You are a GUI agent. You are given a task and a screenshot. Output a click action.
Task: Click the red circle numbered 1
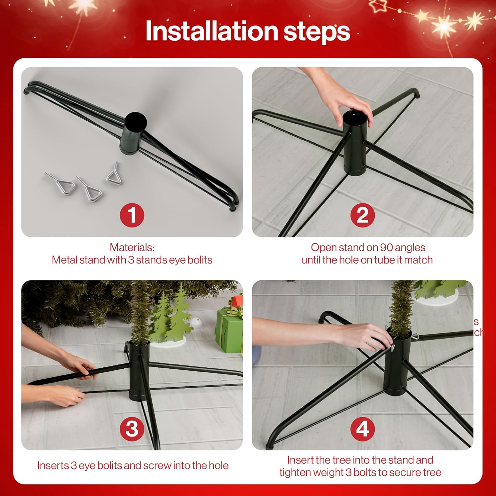pyautogui.click(x=132, y=215)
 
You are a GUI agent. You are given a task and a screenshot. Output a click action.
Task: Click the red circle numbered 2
pyautogui.click(x=362, y=215)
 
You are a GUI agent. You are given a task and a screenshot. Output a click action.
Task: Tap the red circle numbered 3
pyautogui.click(x=132, y=429)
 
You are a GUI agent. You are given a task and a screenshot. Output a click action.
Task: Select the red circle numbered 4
pyautogui.click(x=362, y=429)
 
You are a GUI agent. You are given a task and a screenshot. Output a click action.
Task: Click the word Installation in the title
pyautogui.click(x=212, y=31)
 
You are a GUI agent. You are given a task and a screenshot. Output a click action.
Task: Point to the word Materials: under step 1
pyautogui.click(x=132, y=247)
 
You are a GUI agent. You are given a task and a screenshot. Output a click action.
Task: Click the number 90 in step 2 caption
pyautogui.click(x=386, y=247)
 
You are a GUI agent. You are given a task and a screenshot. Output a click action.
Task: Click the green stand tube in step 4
pyautogui.click(x=398, y=367)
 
